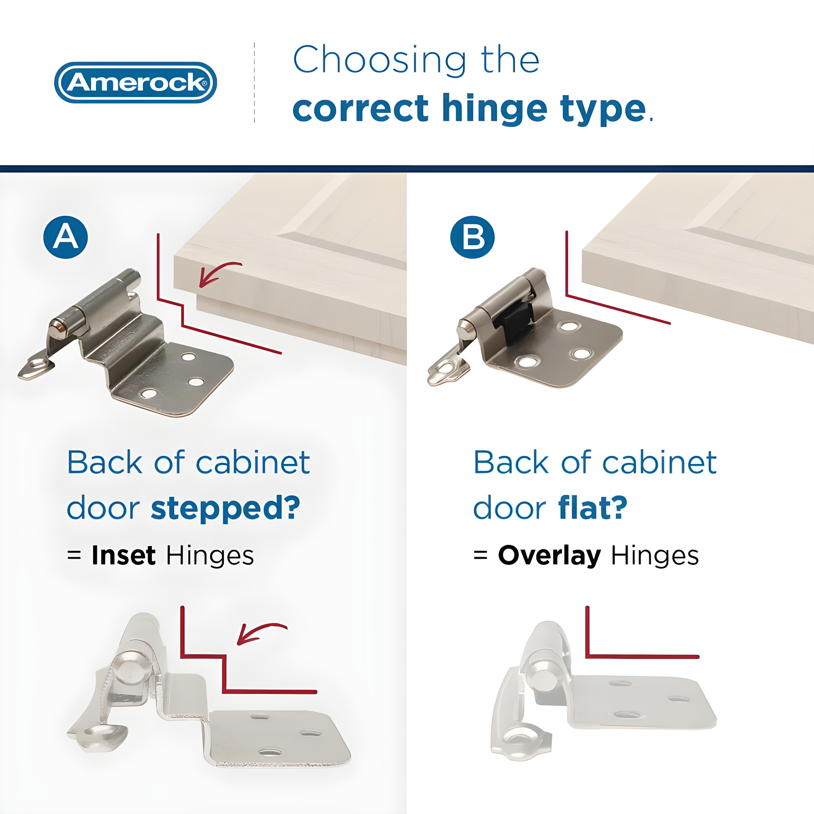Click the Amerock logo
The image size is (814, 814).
click(x=135, y=82)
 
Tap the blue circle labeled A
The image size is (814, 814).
click(x=65, y=237)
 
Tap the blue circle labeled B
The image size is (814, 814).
click(x=472, y=237)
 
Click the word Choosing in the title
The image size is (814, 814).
click(x=379, y=61)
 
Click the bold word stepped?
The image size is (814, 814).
click(x=225, y=508)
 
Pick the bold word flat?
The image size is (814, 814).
click(x=592, y=508)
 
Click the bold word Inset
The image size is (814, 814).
click(x=123, y=555)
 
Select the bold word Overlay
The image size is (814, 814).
click(x=549, y=555)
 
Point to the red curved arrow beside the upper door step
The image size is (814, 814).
click(x=218, y=273)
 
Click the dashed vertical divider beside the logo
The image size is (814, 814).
click(x=254, y=82)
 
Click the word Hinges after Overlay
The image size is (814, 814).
click(x=655, y=555)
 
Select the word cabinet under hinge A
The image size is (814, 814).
click(x=253, y=463)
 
